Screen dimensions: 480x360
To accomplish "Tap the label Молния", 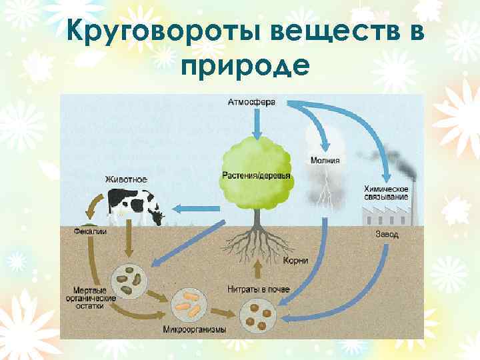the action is pos(325,160).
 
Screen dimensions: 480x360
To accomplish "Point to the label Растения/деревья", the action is pos(256,175).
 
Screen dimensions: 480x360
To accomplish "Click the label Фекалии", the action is pos(89,231).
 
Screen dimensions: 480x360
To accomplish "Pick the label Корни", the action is pos(295,261).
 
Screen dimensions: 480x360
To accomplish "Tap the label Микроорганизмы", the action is pos(194,329).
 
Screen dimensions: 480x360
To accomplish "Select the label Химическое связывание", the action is pos(386,192).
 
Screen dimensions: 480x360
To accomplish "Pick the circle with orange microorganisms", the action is pos(188,305).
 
